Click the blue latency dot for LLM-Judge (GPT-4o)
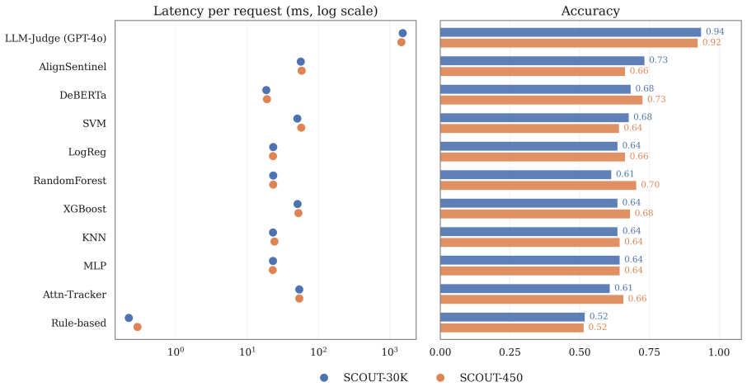[402, 33]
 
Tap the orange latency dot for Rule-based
[137, 327]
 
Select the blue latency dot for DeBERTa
[266, 90]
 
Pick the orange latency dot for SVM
[301, 128]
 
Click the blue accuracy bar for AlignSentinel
[543, 60]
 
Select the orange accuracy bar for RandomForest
[538, 185]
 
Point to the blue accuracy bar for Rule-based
[512, 317]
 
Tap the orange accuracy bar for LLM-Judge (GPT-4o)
[569, 43]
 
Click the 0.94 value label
[715, 32]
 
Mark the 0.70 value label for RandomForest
[651, 185]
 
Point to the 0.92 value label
[712, 42]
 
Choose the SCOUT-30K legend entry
[364, 377]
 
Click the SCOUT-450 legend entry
[479, 377]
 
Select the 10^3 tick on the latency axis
[390, 352]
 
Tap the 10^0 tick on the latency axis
[176, 352]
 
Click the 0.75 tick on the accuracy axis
[650, 352]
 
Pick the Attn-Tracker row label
[74, 295]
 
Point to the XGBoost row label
[85, 209]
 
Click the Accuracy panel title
[590, 11]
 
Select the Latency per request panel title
[265, 11]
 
